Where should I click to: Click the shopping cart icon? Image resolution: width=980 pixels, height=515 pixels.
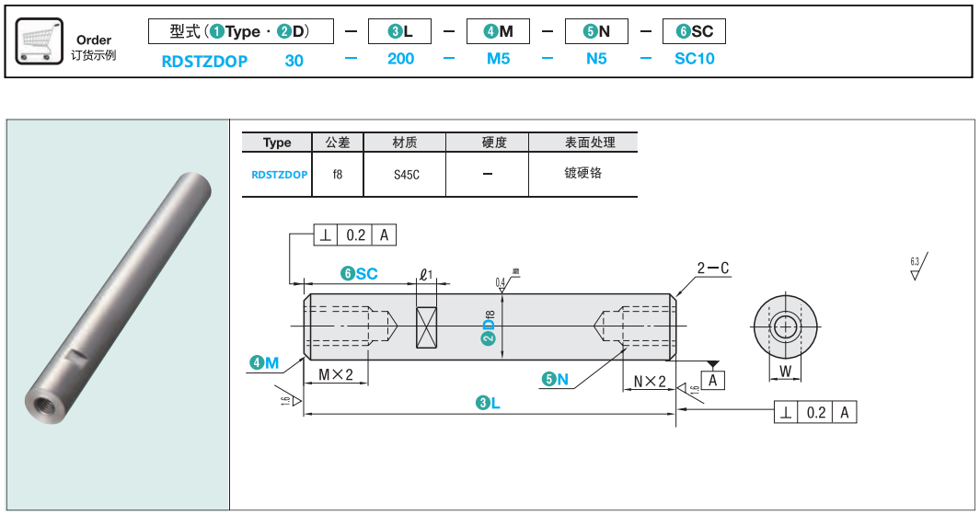coord(40,42)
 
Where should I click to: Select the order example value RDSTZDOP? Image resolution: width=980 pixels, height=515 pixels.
coord(204,60)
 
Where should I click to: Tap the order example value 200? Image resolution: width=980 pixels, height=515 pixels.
coord(400,59)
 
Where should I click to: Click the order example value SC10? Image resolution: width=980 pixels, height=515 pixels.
coord(694,59)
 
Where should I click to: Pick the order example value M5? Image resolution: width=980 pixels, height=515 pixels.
coord(498,59)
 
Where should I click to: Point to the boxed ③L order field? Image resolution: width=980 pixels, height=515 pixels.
coord(400,31)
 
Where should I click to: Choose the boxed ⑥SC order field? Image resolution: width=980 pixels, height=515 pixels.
coord(694,31)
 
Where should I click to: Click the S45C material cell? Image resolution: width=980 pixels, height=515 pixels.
coord(405,174)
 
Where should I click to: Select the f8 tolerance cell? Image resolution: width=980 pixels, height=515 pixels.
coord(338,174)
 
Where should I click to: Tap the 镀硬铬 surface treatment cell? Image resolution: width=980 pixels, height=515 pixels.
coord(582,173)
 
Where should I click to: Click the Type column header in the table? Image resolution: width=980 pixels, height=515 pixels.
coord(277,143)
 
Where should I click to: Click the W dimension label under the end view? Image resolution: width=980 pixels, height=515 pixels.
coord(785,372)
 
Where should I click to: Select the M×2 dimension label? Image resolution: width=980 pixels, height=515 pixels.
coord(336,374)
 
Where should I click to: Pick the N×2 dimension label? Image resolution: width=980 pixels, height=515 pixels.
coord(650,381)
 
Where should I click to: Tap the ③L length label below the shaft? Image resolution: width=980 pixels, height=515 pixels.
coord(488,403)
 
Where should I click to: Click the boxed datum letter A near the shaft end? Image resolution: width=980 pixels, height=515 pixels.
coord(712,379)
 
